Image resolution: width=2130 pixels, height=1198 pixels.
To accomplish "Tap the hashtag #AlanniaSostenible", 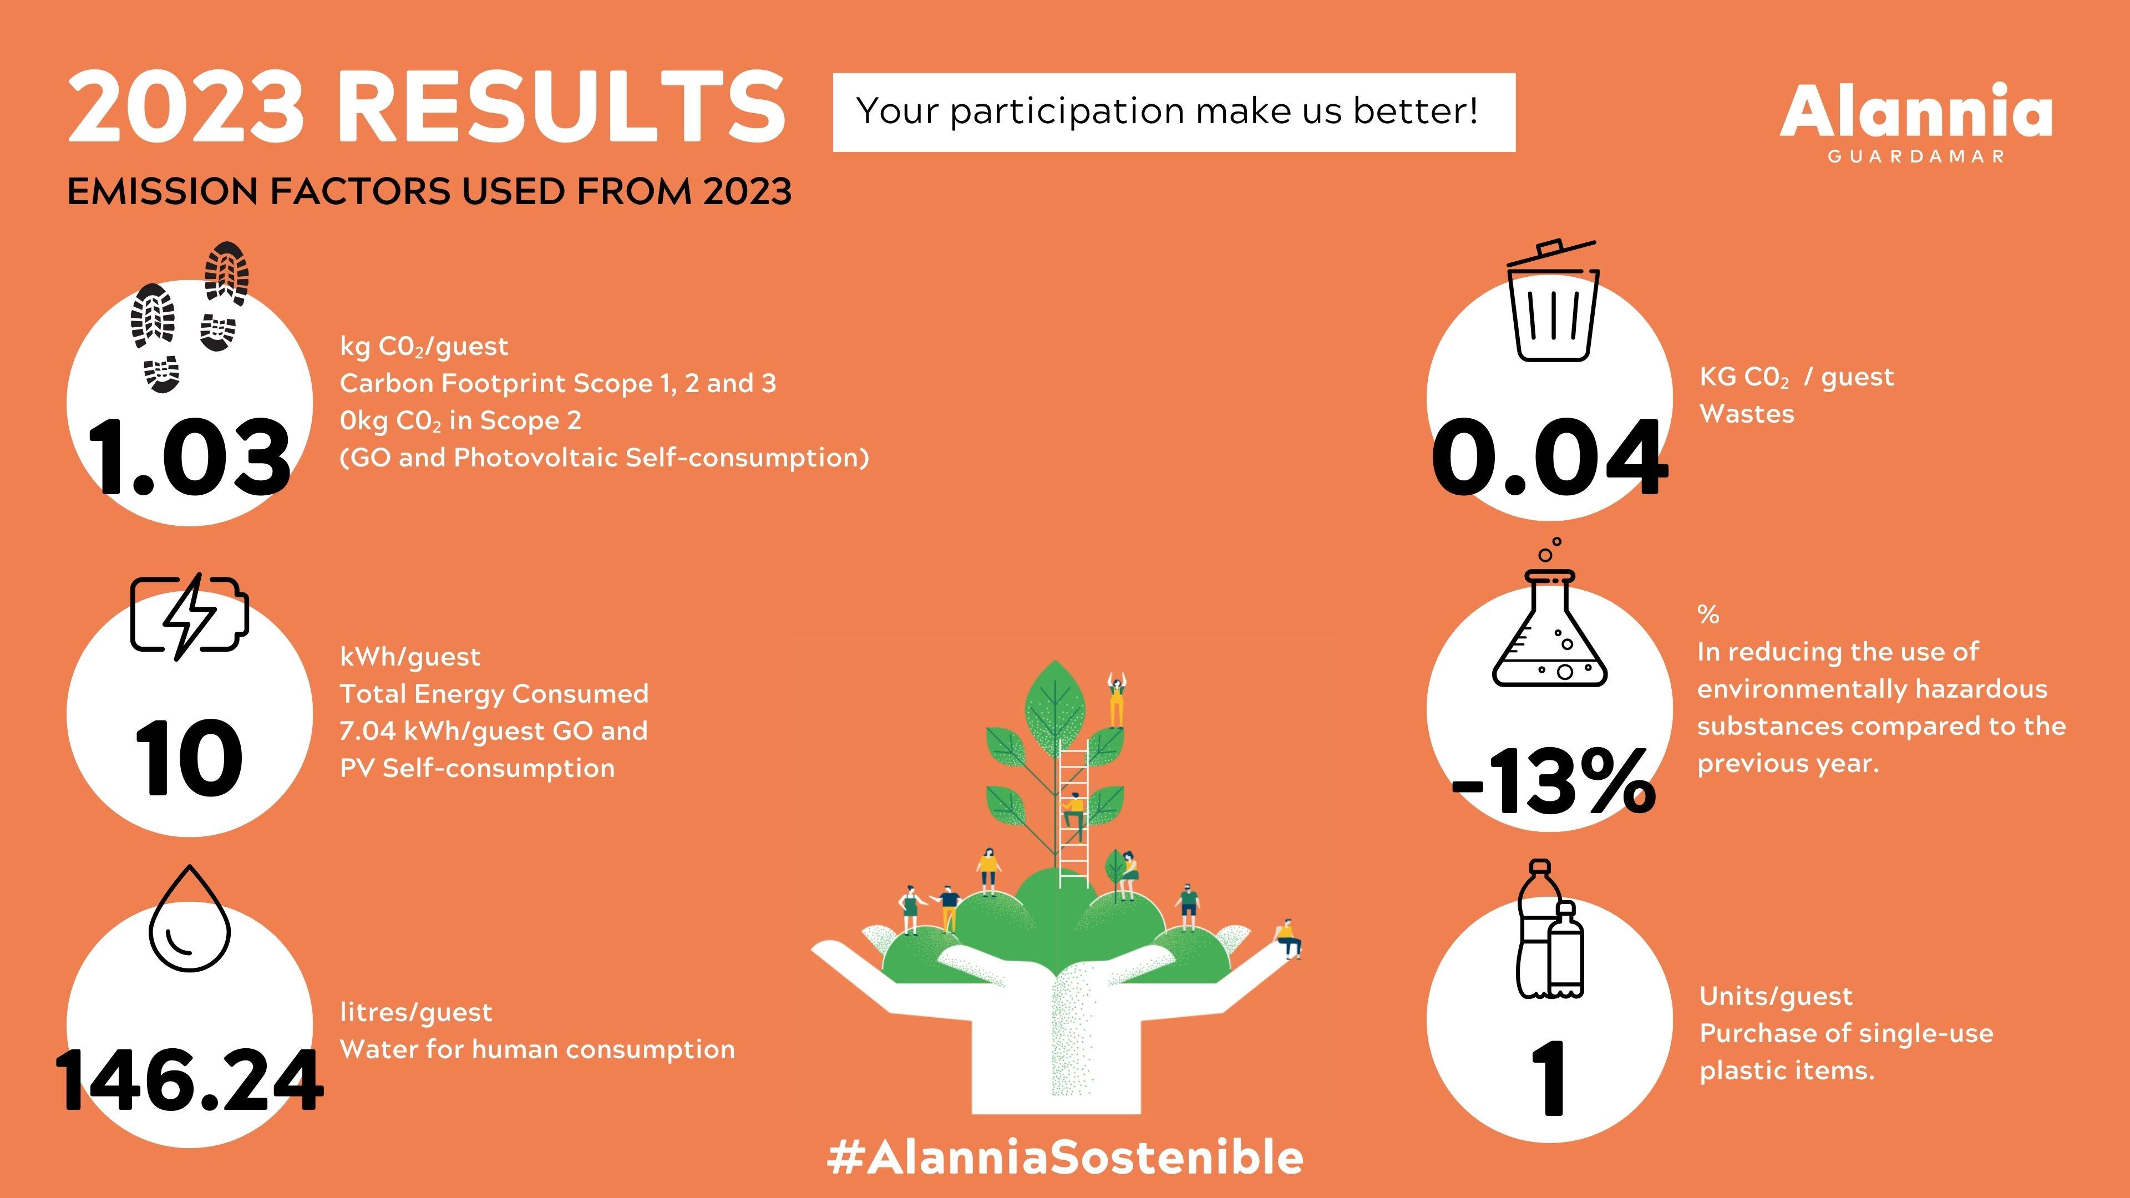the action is [1065, 1156].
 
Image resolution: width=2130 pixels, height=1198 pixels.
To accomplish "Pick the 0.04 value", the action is [1550, 457].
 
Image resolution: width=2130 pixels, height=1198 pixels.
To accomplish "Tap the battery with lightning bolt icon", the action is [189, 616].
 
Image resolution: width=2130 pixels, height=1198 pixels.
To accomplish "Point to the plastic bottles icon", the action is [1550, 930].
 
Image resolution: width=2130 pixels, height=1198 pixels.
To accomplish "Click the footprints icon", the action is [189, 317].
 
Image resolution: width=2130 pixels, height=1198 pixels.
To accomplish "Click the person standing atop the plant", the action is [1116, 701].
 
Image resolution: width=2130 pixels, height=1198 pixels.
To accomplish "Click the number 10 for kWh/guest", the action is [189, 758].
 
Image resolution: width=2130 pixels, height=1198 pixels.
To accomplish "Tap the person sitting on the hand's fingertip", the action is [1288, 938].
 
